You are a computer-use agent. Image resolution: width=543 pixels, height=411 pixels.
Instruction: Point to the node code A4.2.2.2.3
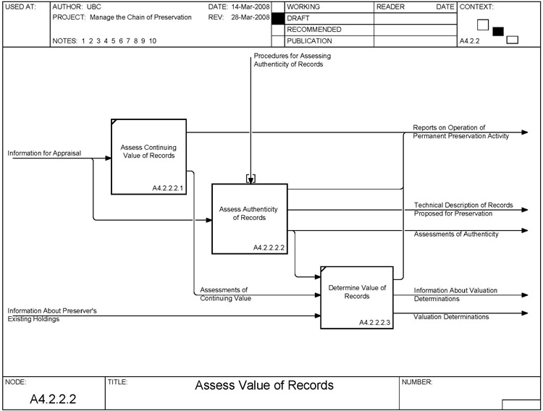click(374, 322)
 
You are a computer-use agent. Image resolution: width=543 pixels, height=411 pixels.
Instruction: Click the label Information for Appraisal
click(44, 153)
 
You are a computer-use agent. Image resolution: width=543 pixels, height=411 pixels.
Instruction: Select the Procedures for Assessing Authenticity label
click(288, 60)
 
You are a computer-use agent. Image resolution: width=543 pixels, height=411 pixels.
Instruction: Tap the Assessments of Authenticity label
click(456, 234)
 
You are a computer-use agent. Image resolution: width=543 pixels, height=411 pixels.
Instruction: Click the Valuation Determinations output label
click(451, 317)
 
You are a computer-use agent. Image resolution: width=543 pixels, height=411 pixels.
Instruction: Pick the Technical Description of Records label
click(463, 209)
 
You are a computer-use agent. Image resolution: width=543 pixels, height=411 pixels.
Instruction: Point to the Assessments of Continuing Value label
click(226, 293)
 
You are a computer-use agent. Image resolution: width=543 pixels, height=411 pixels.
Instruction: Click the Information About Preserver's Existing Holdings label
click(52, 314)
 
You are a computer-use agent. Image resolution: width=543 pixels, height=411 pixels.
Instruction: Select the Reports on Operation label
click(460, 131)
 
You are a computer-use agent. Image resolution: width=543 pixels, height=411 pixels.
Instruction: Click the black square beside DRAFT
click(277, 18)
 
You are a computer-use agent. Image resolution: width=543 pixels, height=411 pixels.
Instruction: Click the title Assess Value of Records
click(264, 385)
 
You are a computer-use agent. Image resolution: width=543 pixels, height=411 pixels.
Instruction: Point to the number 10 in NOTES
click(152, 41)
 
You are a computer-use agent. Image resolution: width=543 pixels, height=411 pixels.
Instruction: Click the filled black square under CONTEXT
click(497, 31)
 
